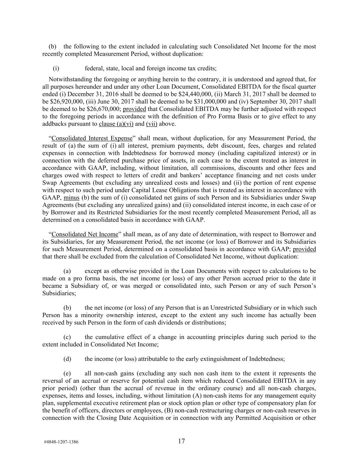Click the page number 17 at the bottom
[181, 441]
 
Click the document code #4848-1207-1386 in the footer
[61, 442]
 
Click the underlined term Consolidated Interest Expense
[91, 138]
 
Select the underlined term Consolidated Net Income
[85, 234]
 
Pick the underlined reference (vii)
[152, 124]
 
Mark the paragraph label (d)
[67, 359]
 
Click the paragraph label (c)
[67, 337]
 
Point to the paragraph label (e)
[67, 373]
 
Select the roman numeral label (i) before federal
[56, 68]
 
